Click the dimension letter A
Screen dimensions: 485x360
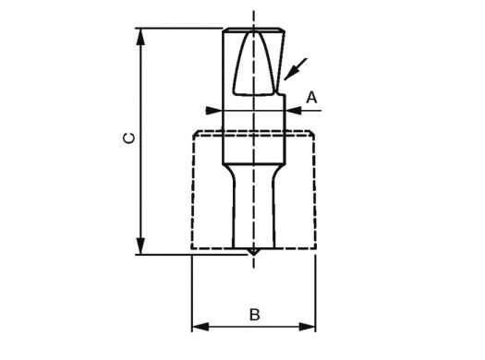(312, 98)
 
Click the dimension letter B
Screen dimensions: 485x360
(255, 315)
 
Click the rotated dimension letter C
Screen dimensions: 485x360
(128, 138)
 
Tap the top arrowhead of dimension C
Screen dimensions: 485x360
(140, 37)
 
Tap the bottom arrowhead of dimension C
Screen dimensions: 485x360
(140, 246)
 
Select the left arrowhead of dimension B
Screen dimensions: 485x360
(200, 327)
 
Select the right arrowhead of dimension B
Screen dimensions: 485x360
(307, 327)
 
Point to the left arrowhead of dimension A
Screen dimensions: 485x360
(213, 111)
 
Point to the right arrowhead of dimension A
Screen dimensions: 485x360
(293, 111)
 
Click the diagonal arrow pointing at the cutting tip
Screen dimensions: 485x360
(296, 69)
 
